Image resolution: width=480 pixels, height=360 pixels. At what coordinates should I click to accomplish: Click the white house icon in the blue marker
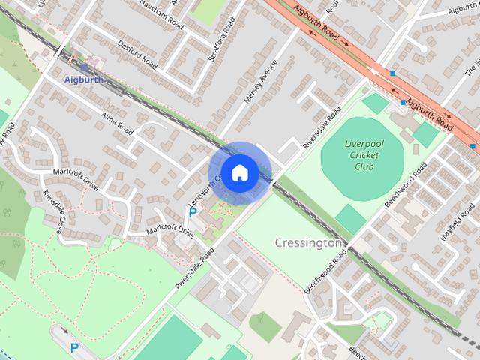tap(239, 172)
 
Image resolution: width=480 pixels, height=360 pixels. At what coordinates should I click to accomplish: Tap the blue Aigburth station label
tap(79, 79)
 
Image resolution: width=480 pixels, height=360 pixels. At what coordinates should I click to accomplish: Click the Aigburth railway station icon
tap(83, 67)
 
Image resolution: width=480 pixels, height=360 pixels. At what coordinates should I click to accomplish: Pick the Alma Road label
tap(116, 123)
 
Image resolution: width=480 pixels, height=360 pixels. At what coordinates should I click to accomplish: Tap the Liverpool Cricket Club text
tap(364, 155)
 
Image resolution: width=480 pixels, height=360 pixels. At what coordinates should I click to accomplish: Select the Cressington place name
tap(308, 243)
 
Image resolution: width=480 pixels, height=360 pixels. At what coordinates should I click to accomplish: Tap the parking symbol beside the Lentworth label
tap(193, 213)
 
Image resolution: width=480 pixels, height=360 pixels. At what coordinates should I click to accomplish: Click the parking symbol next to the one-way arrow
tap(73, 347)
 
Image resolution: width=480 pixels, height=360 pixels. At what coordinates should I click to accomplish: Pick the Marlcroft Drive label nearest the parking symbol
tap(170, 229)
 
